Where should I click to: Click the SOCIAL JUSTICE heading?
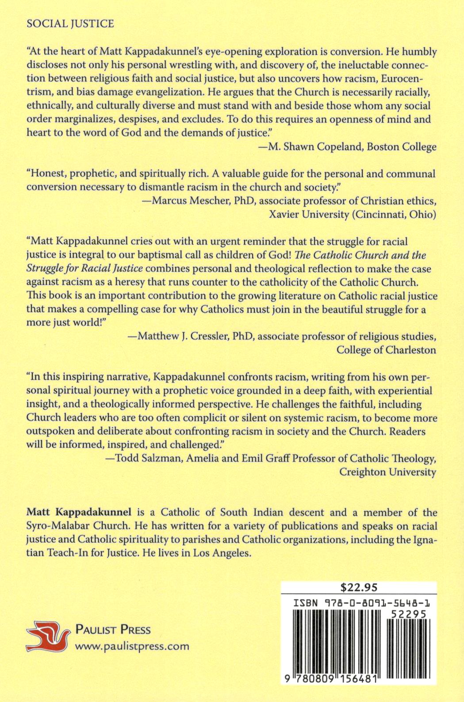[x=70, y=23]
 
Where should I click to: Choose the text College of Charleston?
[x=386, y=350]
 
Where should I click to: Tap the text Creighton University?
[x=387, y=472]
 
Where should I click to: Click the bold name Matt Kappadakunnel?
[x=79, y=513]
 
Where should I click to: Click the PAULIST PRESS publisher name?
[x=113, y=629]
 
